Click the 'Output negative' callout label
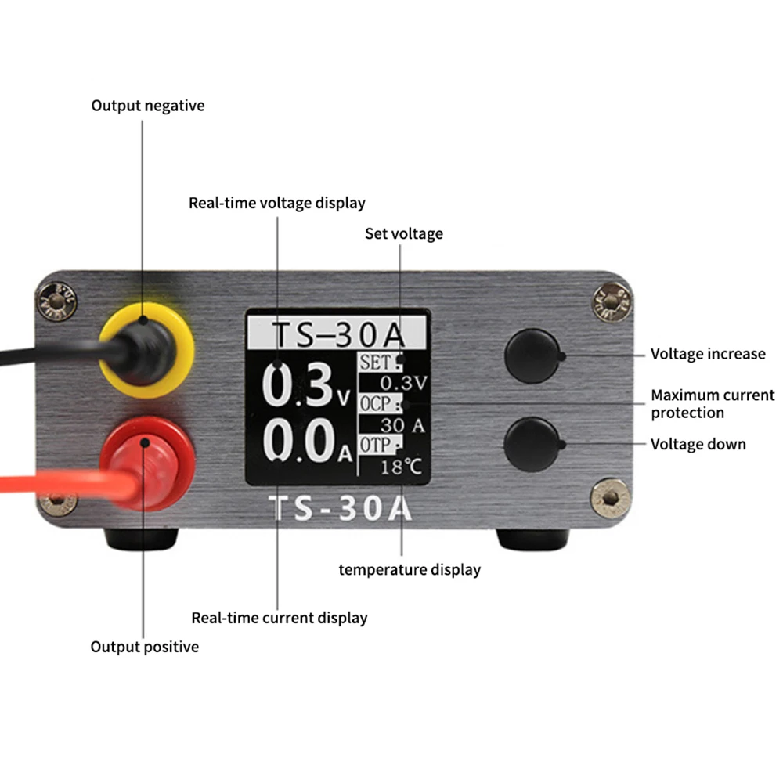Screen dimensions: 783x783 148,106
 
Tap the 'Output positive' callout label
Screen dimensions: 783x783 145,647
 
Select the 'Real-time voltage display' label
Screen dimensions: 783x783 277,204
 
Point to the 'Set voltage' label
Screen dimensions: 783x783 404,233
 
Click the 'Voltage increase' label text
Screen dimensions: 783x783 708,354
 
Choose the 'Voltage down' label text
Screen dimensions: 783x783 698,445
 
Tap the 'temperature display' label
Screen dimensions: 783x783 410,570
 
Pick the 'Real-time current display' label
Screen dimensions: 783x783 280,618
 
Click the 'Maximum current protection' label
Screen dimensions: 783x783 713,404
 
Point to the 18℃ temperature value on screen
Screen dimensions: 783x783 401,467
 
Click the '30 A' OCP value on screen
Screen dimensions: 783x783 402,425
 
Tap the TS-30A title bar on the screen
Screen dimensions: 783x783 337,333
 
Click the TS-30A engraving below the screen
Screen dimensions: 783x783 341,509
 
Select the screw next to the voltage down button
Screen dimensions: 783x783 608,498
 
